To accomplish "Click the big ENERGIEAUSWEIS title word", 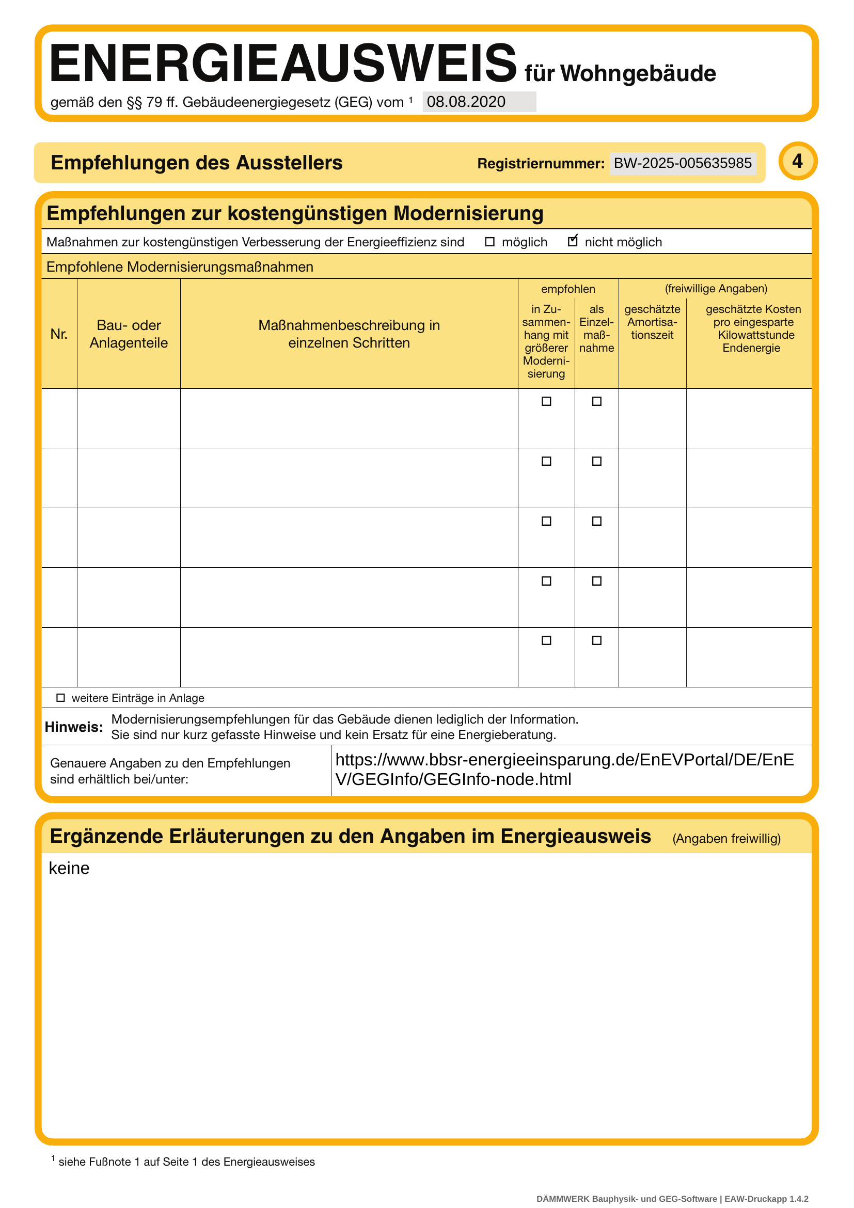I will (283, 64).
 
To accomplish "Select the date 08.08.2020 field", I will (479, 102).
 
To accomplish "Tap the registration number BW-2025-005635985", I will (683, 163).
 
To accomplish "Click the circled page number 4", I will (797, 161).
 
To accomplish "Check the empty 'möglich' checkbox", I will (489, 242).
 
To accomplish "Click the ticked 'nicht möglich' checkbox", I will (573, 241).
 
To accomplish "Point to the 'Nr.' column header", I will (59, 334).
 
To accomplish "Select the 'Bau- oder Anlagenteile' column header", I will (129, 334).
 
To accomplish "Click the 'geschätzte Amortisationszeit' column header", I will (652, 322).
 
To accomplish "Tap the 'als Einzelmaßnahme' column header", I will (596, 328).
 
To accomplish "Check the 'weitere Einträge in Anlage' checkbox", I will (60, 698).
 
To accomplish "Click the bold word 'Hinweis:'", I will (74, 727).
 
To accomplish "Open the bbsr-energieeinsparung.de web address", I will (564, 768).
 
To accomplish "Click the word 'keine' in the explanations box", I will (69, 868).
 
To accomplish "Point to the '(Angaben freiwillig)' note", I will (726, 838).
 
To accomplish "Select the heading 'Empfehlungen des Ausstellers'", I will (196, 163).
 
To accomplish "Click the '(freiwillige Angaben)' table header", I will (716, 288).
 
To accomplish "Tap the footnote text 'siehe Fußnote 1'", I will (187, 1162).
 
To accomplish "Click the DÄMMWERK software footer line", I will (672, 1199).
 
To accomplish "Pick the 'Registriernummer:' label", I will (541, 164).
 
